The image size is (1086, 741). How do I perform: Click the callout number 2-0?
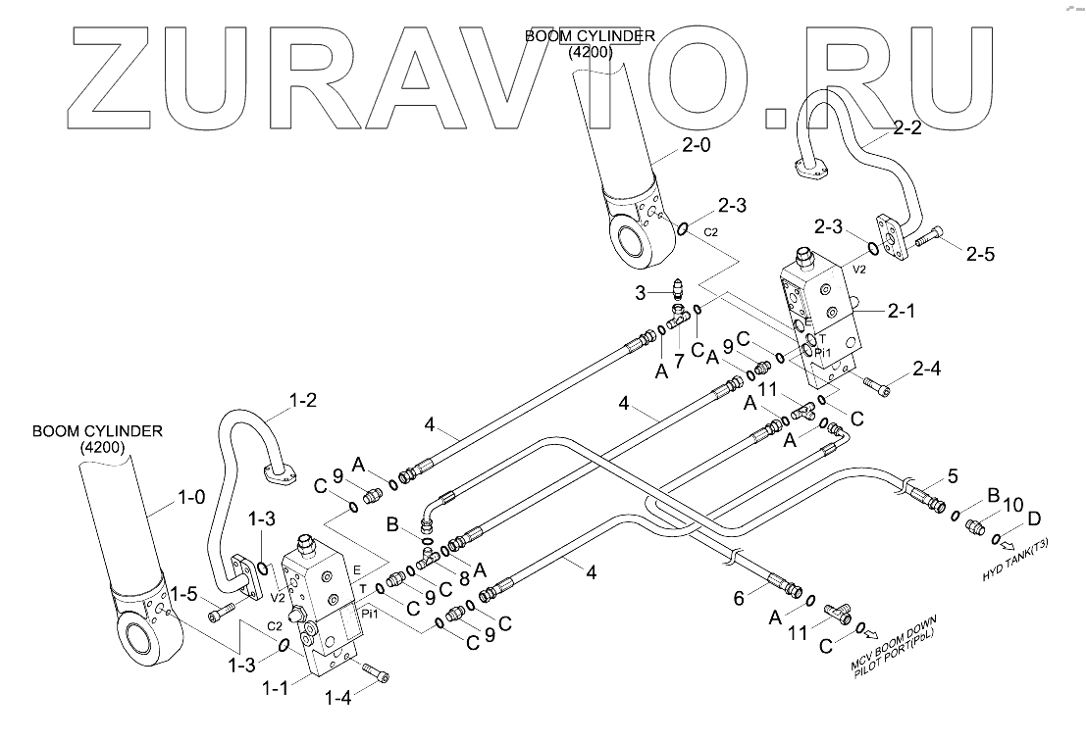(x=696, y=145)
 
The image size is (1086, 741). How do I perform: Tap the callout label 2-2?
(x=907, y=128)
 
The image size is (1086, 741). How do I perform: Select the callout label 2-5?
(x=980, y=255)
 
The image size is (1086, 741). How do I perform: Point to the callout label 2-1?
(x=901, y=312)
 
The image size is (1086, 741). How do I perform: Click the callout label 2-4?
(x=927, y=369)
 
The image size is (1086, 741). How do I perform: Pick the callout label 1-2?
(x=302, y=401)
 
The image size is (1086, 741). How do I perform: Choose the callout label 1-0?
(x=192, y=497)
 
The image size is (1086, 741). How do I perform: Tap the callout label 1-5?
(x=183, y=594)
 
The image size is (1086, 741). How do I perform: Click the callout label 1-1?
(x=275, y=688)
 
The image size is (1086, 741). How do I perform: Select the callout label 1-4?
(x=338, y=698)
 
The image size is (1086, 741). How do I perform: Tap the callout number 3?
(x=641, y=293)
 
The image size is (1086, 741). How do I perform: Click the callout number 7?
(x=679, y=361)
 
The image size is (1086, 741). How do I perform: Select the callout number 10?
(x=1012, y=505)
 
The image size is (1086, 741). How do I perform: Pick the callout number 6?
(x=739, y=598)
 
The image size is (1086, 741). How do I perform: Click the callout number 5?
(x=953, y=476)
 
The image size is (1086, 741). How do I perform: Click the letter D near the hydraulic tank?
(x=1034, y=519)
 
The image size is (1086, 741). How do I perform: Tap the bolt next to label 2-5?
(x=929, y=237)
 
